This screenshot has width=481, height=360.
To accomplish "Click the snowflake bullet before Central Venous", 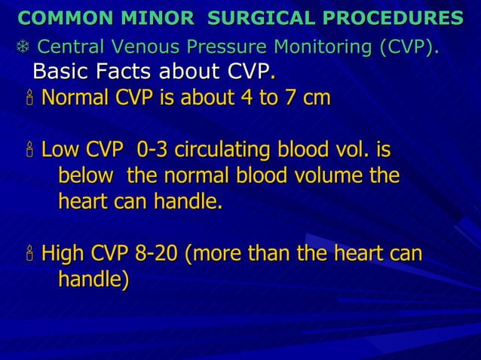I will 23,48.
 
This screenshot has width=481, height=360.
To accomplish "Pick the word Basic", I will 60,72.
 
